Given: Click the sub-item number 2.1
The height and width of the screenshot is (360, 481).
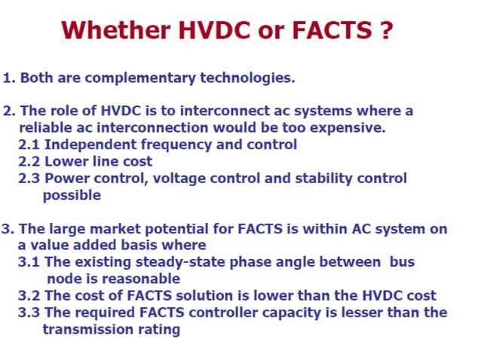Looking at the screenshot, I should [29, 145].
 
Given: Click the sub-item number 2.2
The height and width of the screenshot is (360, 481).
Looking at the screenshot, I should [29, 161].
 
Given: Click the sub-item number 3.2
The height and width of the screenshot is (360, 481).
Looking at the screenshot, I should [29, 296].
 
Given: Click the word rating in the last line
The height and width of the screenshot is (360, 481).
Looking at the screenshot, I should [158, 329].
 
